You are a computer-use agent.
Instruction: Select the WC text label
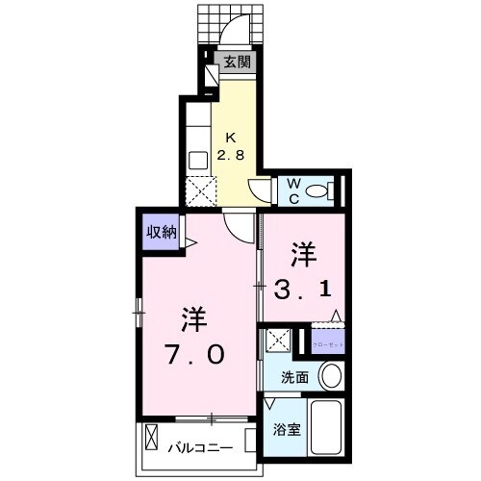(x=291, y=188)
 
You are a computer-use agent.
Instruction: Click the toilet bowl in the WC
(x=321, y=190)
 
